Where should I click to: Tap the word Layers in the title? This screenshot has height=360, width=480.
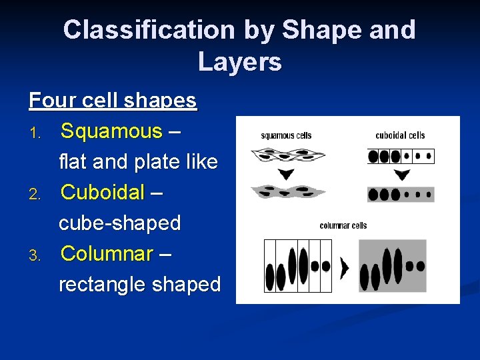click(239, 62)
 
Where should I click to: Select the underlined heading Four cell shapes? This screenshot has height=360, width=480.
click(113, 101)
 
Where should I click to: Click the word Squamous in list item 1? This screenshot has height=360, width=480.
click(111, 131)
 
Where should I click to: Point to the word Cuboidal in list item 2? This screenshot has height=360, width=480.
click(102, 193)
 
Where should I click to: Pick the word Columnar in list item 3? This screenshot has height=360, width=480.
click(107, 254)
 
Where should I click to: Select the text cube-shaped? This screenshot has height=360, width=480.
click(119, 223)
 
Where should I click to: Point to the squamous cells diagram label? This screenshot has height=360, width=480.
click(286, 135)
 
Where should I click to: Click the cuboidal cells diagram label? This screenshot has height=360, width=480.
click(400, 135)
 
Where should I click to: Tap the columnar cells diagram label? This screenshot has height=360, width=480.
click(343, 225)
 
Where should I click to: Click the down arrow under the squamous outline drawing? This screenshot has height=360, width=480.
click(287, 175)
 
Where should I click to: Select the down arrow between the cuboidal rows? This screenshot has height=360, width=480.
click(401, 175)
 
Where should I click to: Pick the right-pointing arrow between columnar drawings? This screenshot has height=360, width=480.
click(344, 268)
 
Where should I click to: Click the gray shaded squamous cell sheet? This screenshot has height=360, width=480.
click(287, 192)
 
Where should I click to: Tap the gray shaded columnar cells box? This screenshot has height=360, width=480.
click(392, 265)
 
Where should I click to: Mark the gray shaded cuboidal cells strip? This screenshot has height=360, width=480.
click(401, 195)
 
